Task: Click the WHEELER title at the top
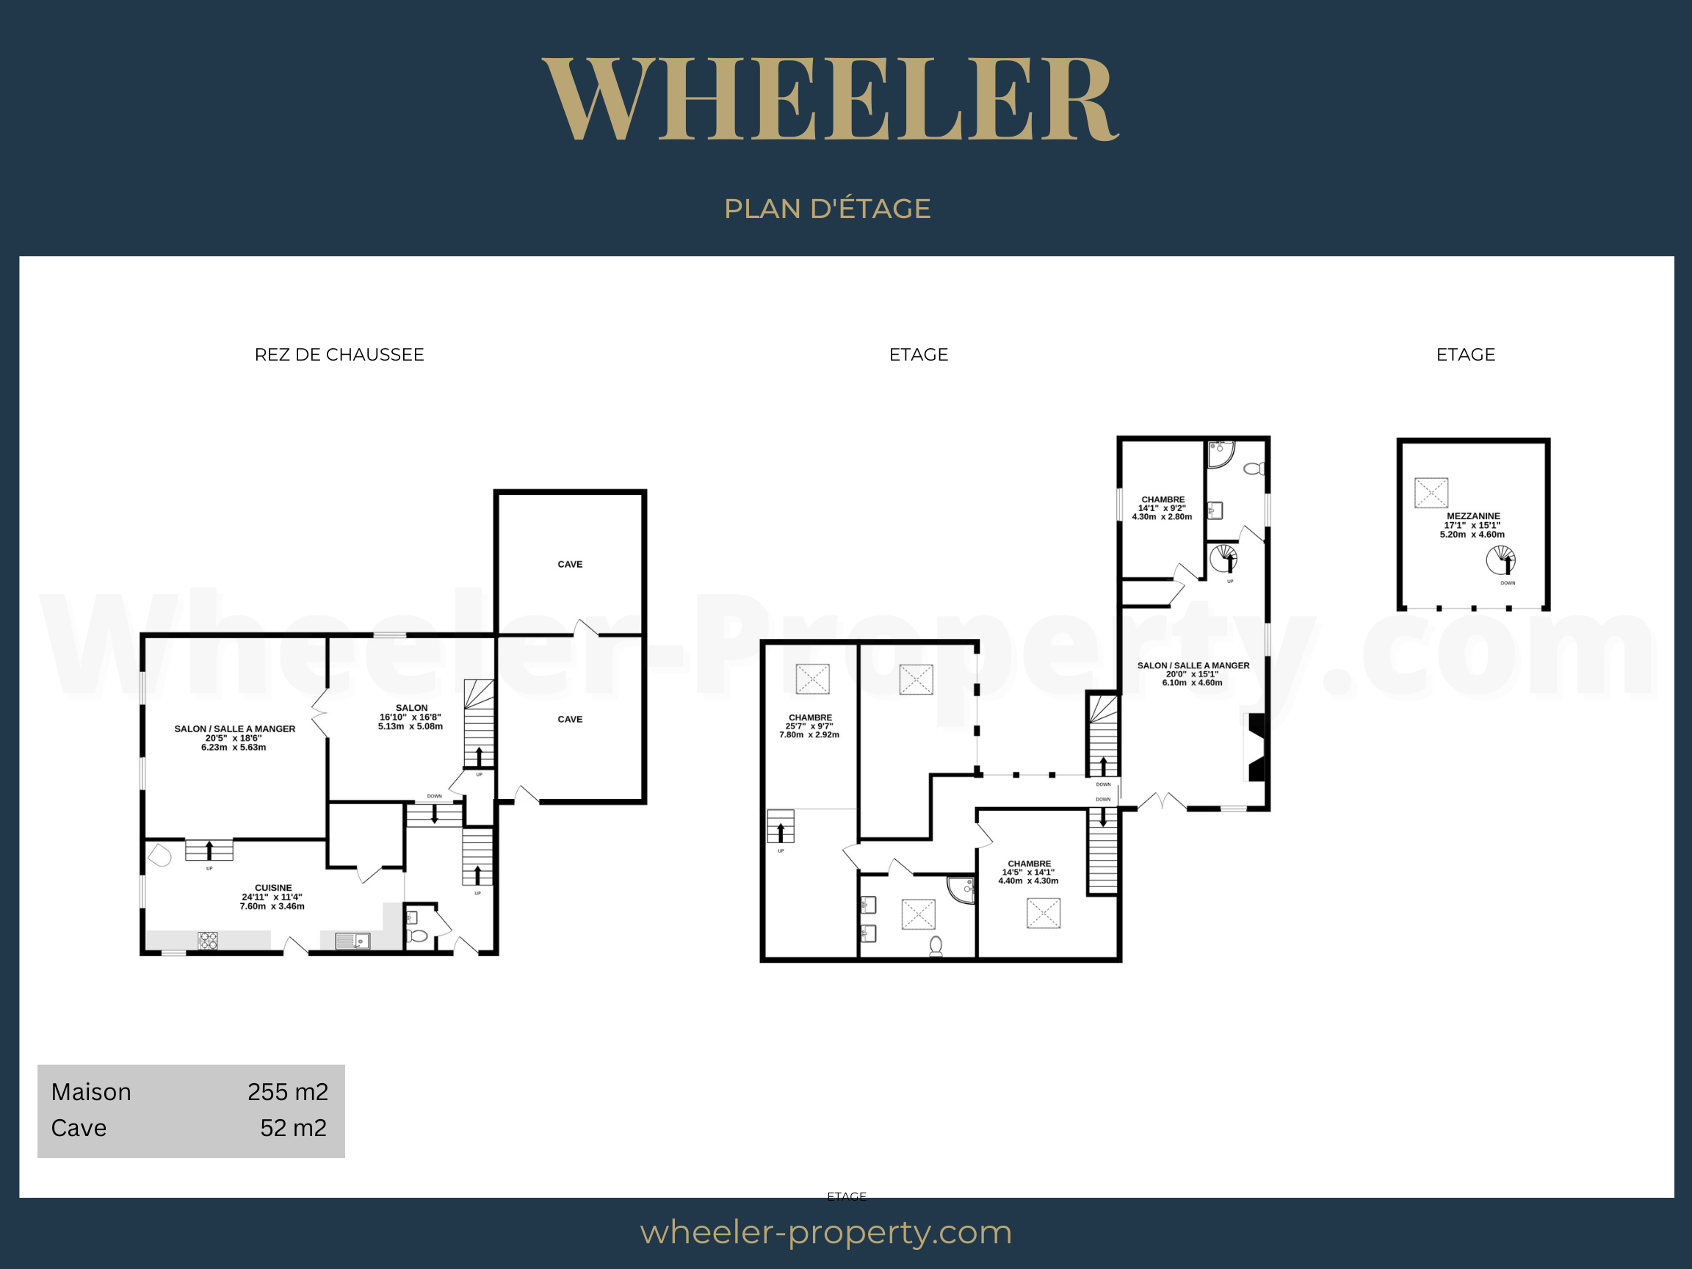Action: (x=831, y=98)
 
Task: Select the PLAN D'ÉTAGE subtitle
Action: (x=827, y=208)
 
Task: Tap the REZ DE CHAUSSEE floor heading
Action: (x=339, y=354)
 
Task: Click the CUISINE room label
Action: (x=273, y=888)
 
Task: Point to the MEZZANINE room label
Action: (x=1473, y=516)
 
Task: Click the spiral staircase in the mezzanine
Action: (x=1501, y=560)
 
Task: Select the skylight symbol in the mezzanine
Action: (x=1431, y=493)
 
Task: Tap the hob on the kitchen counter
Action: (x=208, y=940)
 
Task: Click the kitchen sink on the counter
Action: (x=352, y=940)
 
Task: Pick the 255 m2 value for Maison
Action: (x=288, y=1091)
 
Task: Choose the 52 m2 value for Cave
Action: (x=294, y=1127)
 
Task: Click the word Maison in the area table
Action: (x=91, y=1091)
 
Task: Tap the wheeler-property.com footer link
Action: (x=826, y=1232)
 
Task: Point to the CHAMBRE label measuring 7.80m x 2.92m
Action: (x=810, y=718)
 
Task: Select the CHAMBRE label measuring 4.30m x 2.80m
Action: (x=1163, y=499)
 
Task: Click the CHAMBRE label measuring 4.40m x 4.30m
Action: (x=1029, y=864)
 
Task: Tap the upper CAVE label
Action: (x=570, y=565)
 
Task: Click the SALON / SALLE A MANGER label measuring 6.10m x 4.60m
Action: (x=1193, y=665)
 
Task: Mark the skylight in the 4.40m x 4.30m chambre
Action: (x=1044, y=914)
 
